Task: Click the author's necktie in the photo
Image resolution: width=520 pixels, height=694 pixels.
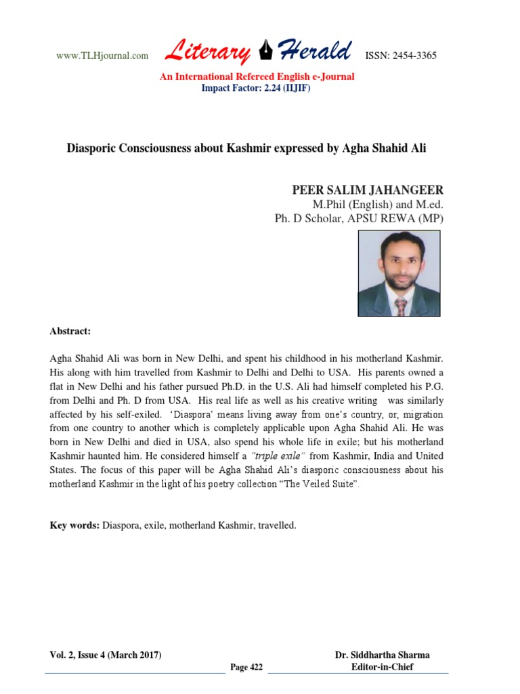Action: (401, 306)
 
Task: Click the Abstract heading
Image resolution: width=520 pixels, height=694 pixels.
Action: (70, 331)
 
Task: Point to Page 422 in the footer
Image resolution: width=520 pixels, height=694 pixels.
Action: (246, 668)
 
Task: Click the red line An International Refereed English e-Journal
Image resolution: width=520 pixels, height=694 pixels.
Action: (257, 77)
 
